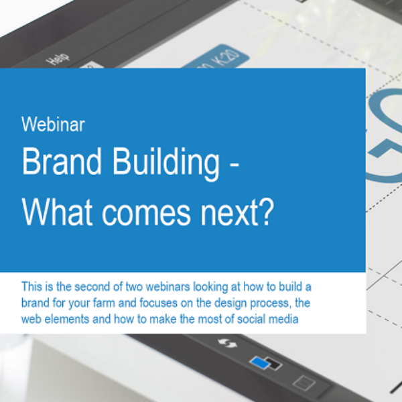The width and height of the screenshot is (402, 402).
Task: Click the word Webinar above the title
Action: point(53,125)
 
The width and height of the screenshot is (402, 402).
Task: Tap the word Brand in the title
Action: point(62,161)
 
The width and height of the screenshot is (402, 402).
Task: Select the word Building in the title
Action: point(166,163)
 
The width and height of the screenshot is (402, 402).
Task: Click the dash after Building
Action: point(234,166)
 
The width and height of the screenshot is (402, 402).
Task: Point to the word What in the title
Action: point(57,212)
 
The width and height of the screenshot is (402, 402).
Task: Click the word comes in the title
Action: point(146,215)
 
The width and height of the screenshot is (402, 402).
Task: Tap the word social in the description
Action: point(249,320)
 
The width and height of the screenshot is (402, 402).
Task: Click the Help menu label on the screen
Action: point(58,59)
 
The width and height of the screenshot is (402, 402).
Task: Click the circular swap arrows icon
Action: point(228,344)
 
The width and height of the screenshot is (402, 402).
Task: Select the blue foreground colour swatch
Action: point(259,362)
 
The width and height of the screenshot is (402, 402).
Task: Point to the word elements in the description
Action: point(66,320)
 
